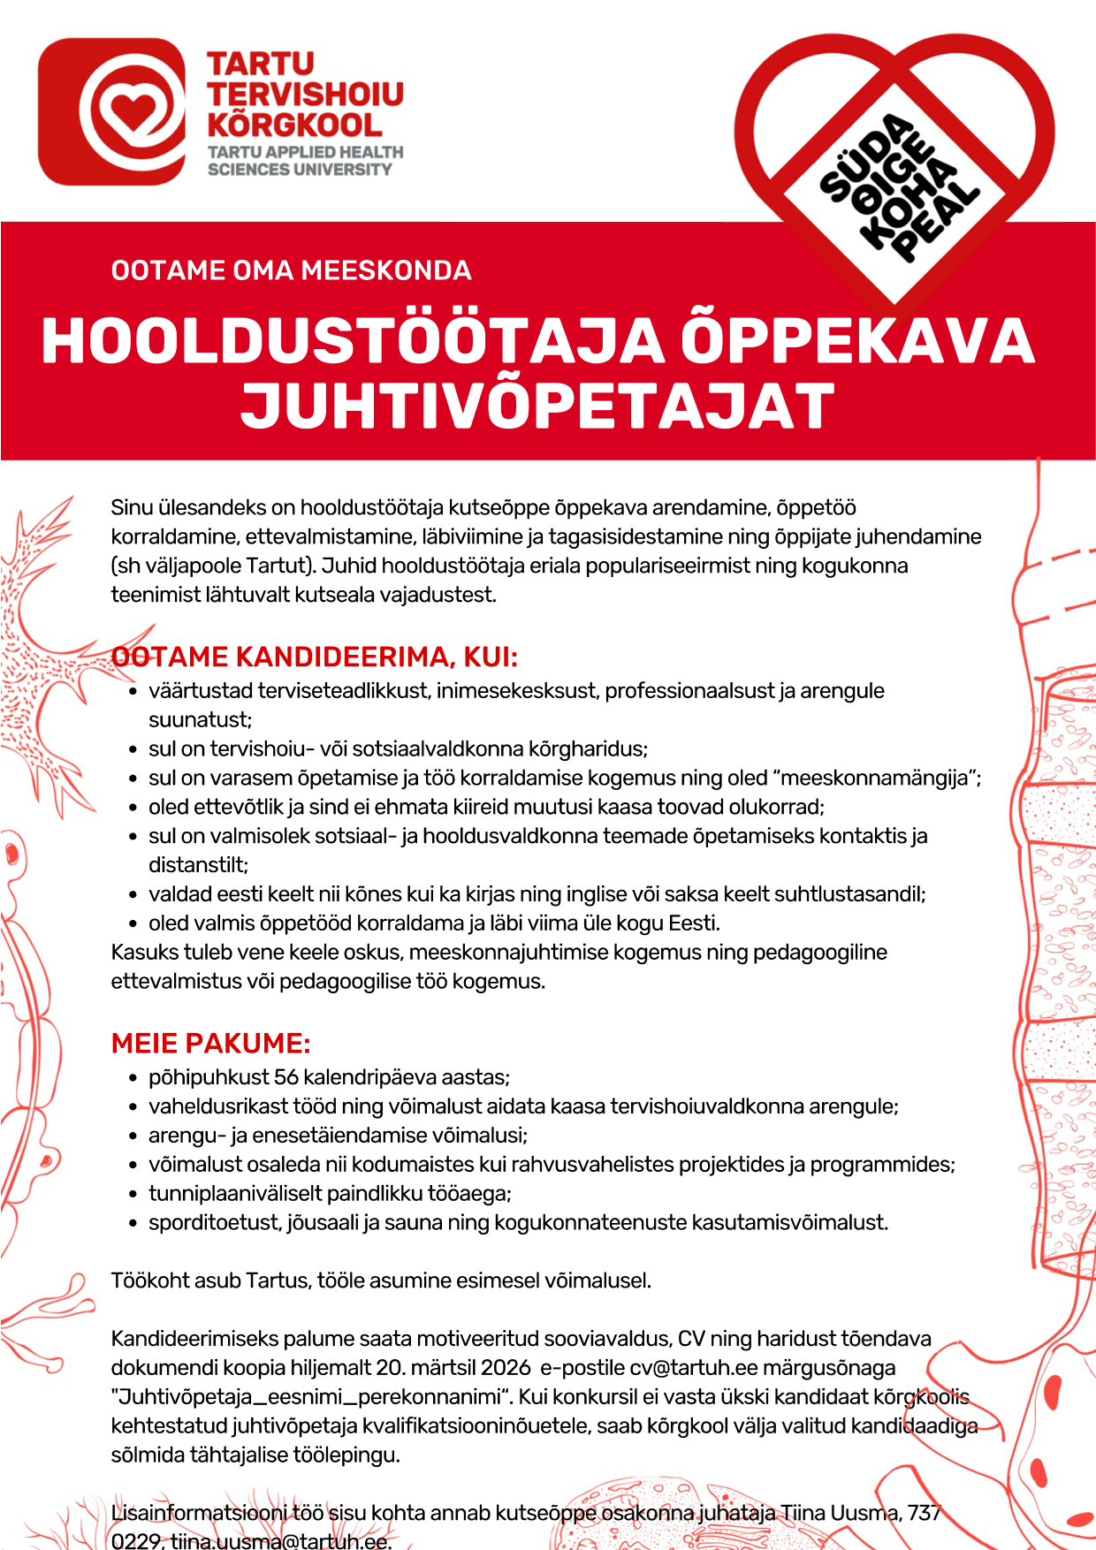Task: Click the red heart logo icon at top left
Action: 112,111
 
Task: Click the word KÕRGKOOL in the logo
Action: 294,124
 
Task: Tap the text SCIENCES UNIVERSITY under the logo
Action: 299,169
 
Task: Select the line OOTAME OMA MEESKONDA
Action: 291,270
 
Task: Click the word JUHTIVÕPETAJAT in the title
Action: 537,406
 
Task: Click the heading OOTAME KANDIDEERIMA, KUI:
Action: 315,657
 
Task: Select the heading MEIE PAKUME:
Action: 210,1044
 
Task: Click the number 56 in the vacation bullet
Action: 286,1077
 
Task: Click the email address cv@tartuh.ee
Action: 694,1368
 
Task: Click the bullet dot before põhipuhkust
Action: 133,1078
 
